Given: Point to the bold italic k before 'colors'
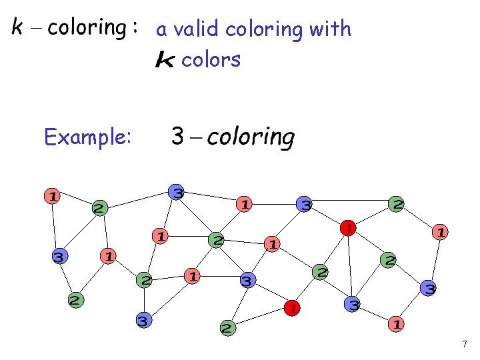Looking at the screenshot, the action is [165, 61].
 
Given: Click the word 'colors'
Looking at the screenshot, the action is [211, 60].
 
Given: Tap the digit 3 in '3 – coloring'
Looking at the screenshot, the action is [178, 137].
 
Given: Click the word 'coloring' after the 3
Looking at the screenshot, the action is [251, 138].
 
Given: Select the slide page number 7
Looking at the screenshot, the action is [465, 345].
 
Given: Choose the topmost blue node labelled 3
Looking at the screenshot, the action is [176, 192].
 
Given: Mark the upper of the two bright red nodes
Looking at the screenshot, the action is [347, 228].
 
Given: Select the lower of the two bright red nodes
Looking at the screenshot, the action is [291, 308].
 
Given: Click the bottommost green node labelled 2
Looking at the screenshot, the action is [227, 328].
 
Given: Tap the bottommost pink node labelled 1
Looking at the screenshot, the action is [396, 324].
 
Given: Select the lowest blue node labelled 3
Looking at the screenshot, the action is [143, 321].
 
